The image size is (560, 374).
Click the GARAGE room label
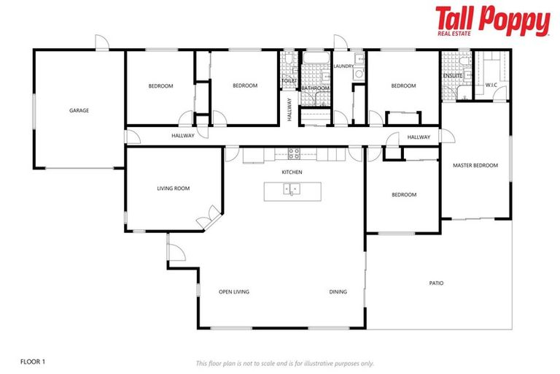coord(79,111)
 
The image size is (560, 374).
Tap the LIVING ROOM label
coord(173,188)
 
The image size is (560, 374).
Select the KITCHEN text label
coord(292,172)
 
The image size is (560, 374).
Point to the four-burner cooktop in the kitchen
coord(295,153)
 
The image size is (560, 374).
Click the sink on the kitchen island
coord(291,190)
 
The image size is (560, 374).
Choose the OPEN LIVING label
coord(234,292)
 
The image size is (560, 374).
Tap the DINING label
coord(338,292)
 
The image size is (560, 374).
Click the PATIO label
coord(436,283)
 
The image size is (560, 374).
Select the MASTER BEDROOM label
coord(475,166)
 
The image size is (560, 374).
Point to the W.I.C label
coord(491,85)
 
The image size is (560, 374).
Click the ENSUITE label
coord(453,76)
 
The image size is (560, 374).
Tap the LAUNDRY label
coord(343,66)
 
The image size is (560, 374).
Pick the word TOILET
coord(289,81)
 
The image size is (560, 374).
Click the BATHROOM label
coord(316,88)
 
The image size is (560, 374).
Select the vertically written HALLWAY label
coord(289,109)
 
